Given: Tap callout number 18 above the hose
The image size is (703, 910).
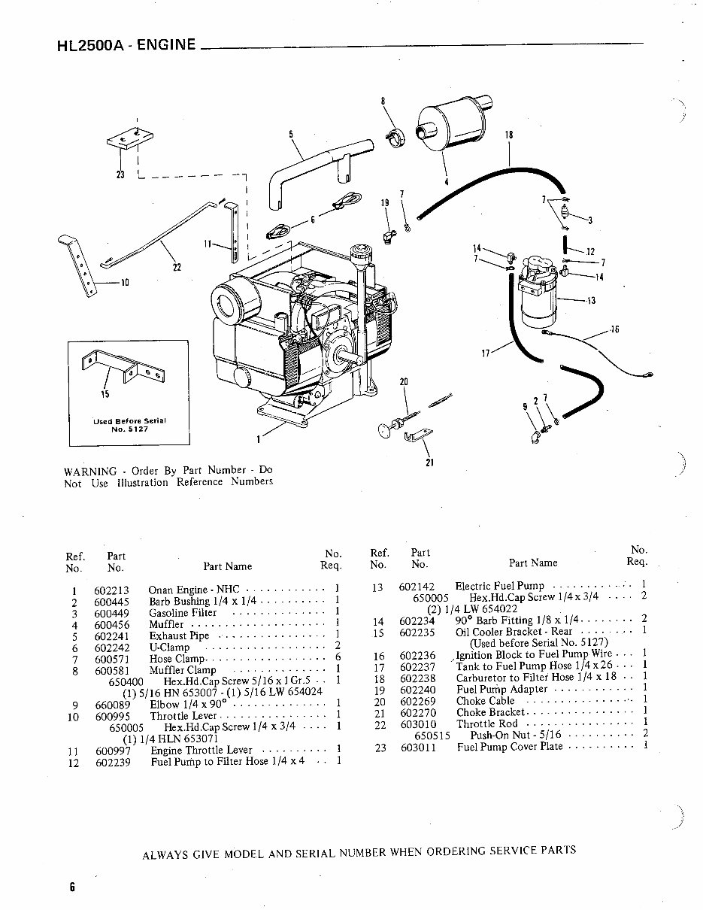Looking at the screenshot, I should (x=509, y=135).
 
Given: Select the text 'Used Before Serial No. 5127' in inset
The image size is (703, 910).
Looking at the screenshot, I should (x=129, y=425).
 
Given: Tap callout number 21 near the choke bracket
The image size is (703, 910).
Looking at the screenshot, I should (x=429, y=463).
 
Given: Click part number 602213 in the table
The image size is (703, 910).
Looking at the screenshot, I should (x=111, y=590).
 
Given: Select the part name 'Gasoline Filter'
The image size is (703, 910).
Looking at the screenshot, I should (x=183, y=613).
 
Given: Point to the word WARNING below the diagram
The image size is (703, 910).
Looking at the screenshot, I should (x=90, y=471).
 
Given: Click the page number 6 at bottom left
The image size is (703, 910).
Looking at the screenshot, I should (x=72, y=886).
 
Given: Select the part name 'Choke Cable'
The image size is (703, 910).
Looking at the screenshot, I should (x=486, y=701).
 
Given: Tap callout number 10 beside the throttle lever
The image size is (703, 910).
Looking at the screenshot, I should (x=125, y=284).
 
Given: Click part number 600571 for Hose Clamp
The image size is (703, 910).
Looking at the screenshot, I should (x=111, y=659).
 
